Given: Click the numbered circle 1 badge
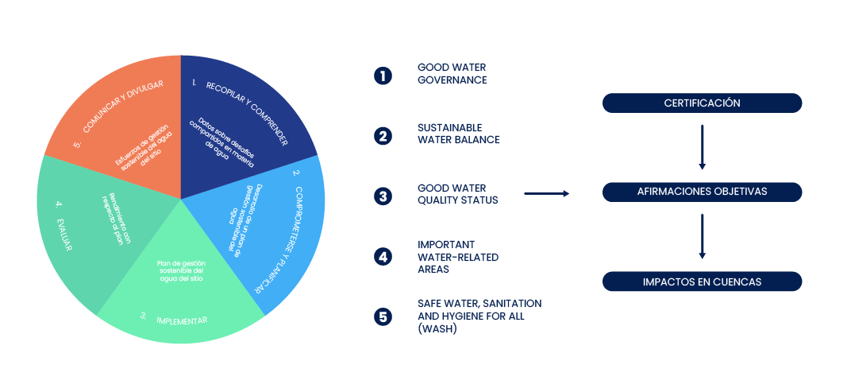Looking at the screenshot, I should pyautogui.click(x=383, y=76).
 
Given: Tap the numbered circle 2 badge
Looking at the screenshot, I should pyautogui.click(x=383, y=135).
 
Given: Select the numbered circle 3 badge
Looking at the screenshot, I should pyautogui.click(x=383, y=195).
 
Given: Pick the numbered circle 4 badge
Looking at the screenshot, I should pyautogui.click(x=383, y=256).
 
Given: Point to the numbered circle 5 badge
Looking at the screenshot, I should pyautogui.click(x=383, y=316).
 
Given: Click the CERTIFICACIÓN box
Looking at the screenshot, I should pyautogui.click(x=702, y=103).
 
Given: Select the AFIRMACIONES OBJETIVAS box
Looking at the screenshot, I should pyautogui.click(x=702, y=192).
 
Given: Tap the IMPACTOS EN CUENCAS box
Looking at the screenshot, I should pyautogui.click(x=702, y=281).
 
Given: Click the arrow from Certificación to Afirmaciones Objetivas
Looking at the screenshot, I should pyautogui.click(x=702, y=146).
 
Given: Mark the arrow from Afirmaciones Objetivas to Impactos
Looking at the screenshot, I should pyautogui.click(x=702, y=236).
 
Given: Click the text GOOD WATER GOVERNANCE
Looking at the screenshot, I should pyautogui.click(x=452, y=74).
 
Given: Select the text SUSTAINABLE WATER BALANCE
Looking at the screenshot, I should pyautogui.click(x=458, y=134).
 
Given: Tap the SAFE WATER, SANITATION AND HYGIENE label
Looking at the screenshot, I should pyautogui.click(x=479, y=316).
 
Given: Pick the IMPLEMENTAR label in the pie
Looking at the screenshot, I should pyautogui.click(x=182, y=320).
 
